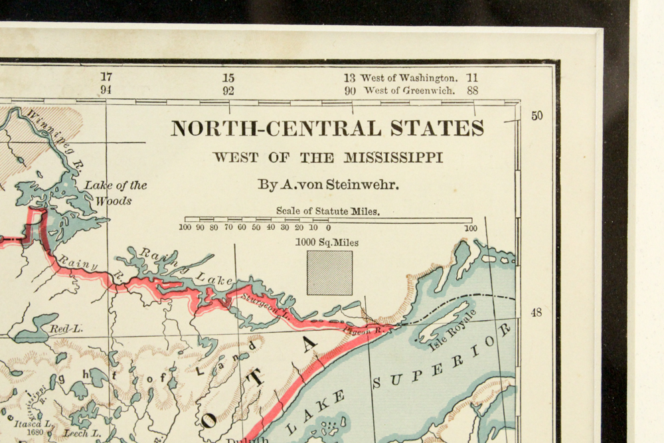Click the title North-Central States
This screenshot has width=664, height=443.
coord(327,128)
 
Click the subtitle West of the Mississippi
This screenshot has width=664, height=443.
coord(327,158)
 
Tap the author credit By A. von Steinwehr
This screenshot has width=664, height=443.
coord(329,185)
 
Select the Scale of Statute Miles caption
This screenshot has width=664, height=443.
coord(328,211)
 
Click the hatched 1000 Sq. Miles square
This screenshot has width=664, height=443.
coord(329,272)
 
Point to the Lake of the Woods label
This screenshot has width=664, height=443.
coord(116,193)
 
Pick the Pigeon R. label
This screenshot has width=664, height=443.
coord(357,329)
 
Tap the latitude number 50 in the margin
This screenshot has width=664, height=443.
coord(537,116)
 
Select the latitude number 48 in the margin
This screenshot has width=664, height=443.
coord(536,312)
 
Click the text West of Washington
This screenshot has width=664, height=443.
coord(408,78)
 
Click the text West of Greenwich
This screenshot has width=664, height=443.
coord(409,91)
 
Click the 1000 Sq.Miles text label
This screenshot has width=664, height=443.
coord(327,242)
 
